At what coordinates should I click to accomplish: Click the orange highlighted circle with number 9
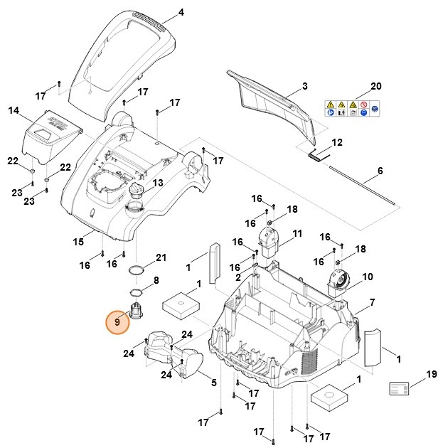(x=117, y=322)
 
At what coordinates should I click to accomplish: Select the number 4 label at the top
(x=181, y=13)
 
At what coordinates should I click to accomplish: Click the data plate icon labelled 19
(x=400, y=388)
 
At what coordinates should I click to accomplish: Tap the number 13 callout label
(x=157, y=183)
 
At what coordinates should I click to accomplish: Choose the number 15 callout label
(x=78, y=242)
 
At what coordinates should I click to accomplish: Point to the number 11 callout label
(x=297, y=233)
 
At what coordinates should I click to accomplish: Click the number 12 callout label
(x=337, y=142)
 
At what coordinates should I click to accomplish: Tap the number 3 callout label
(x=304, y=86)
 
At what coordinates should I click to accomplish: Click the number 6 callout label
(x=380, y=171)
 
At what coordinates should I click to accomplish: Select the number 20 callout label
(x=376, y=86)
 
